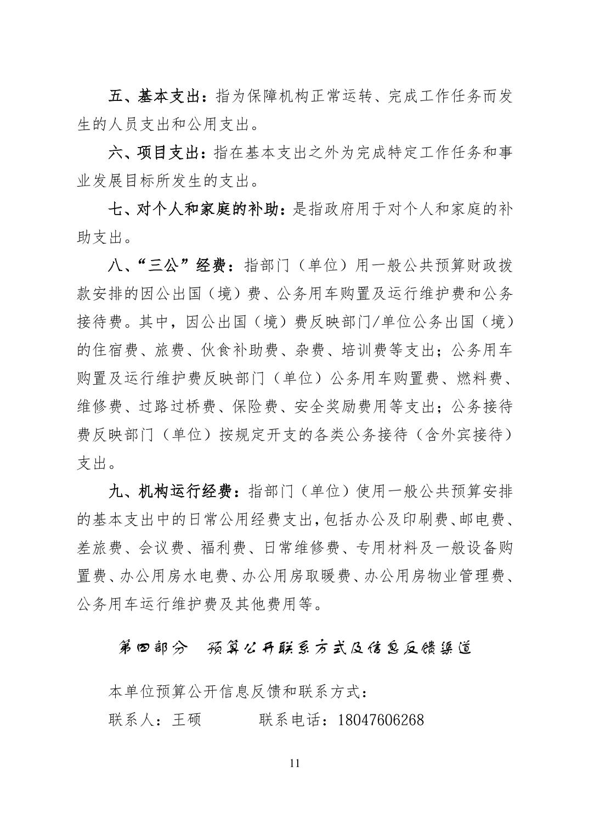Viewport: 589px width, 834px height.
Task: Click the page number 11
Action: (x=294, y=763)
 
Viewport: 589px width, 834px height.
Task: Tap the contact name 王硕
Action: (x=186, y=719)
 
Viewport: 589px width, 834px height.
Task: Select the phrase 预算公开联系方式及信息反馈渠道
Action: (x=339, y=648)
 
